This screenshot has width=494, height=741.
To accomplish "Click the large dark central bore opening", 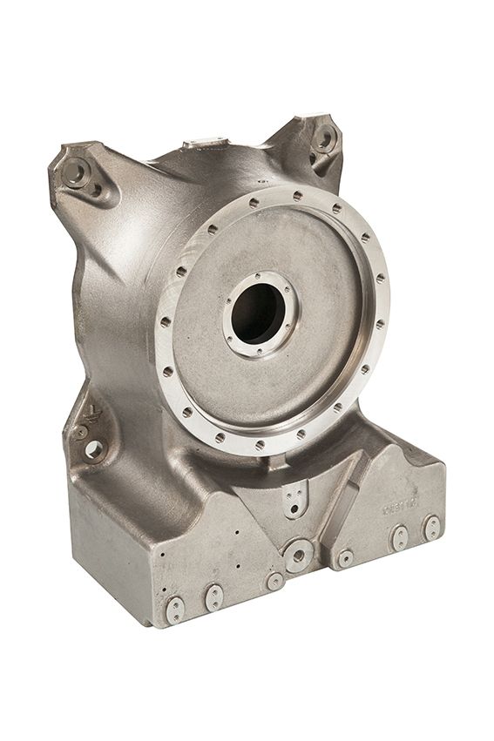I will tap(259, 313).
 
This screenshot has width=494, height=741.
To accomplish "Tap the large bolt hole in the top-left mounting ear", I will tap(74, 172).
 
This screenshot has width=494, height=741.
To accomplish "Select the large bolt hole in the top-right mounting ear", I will tap(324, 138).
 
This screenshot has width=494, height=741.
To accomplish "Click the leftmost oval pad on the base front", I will tap(175, 609).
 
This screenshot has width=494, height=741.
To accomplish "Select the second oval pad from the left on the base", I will tap(213, 596).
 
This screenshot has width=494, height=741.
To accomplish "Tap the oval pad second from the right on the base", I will tap(400, 537).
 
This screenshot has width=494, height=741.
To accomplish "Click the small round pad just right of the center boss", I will tap(346, 557).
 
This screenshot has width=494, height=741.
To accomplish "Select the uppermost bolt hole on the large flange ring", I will tap(297, 196).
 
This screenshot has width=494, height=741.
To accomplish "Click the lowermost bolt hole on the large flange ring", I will tap(260, 445).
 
